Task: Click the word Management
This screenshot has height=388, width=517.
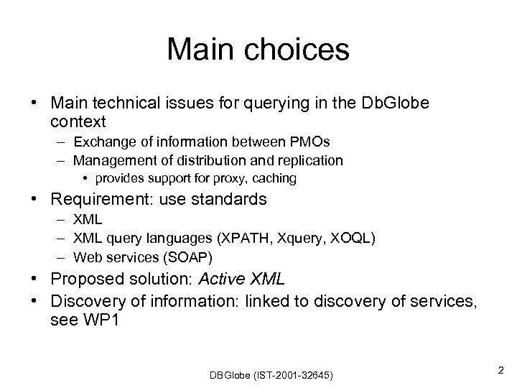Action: pos(110,160)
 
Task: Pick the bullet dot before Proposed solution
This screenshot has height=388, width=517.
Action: pos(35,280)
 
